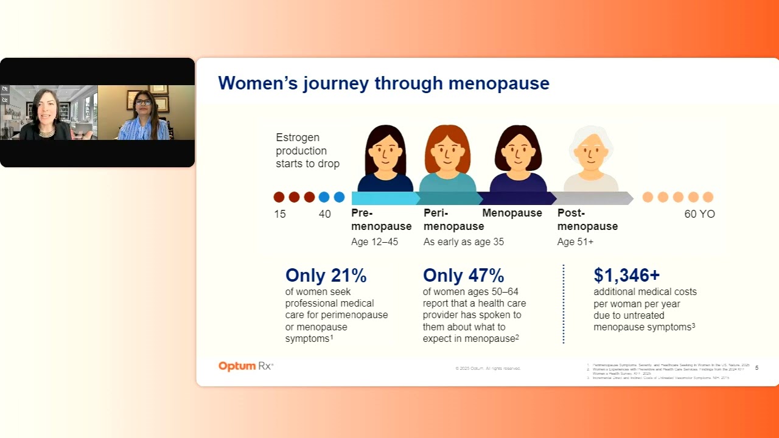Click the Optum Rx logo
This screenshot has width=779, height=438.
coord(246,366)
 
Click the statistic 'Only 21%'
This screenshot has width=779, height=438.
coord(326,276)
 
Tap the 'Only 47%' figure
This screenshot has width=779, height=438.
coord(463,276)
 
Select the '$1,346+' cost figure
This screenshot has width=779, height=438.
coord(626,276)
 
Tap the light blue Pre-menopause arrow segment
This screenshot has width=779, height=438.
coord(383,198)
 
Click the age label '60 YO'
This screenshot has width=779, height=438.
coord(699,214)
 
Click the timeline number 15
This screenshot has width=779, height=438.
coord(279,214)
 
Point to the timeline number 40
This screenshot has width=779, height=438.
coord(325,214)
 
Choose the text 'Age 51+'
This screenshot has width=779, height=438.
coord(575,242)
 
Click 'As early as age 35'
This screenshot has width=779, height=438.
coord(463,242)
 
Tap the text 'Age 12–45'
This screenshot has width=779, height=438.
coord(374,242)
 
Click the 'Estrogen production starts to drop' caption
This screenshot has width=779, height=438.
coord(307,151)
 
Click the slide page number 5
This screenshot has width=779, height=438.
coord(756,367)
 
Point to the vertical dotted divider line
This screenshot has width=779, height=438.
coord(564,304)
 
